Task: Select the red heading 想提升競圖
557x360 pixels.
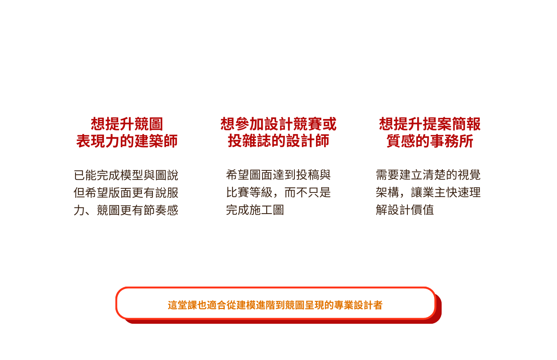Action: [x=127, y=124]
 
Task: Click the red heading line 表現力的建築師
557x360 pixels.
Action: [x=127, y=141]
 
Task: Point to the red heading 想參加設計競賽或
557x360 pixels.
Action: [x=278, y=124]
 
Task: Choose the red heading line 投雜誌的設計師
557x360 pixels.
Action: [x=278, y=141]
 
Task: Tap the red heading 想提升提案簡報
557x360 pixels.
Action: [x=430, y=124]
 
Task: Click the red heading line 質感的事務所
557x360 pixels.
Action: [x=430, y=141]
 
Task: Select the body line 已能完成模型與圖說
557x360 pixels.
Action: [x=126, y=175]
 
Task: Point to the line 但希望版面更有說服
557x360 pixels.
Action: [x=126, y=193]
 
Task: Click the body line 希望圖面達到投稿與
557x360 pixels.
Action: [x=278, y=175]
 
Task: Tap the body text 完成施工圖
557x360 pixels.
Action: [x=255, y=210]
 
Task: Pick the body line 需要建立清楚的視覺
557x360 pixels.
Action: [x=428, y=175]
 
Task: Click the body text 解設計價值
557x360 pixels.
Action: [x=405, y=210]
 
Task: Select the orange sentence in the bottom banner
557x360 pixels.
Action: [x=275, y=305]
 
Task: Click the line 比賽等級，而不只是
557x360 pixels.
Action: [x=278, y=193]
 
